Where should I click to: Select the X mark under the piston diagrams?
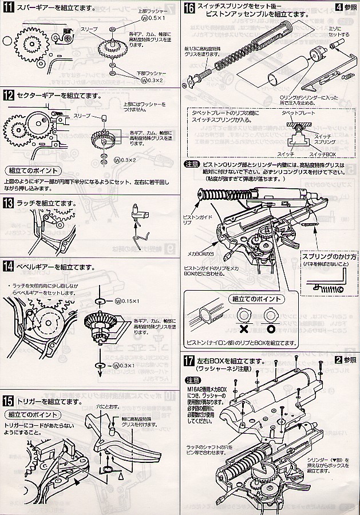(x=244, y=331)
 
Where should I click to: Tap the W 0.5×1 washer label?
(x=150, y=18)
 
